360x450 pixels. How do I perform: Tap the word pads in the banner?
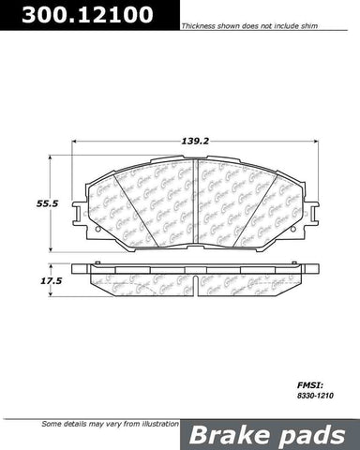(306, 435)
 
